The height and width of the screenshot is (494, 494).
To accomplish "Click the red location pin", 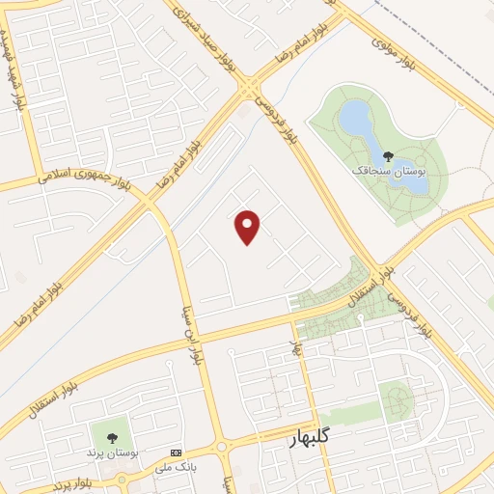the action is pos(248,227).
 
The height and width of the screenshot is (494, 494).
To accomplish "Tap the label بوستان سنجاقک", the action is pos(388,170).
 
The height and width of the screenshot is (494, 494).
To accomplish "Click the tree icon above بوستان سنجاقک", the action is pos(388,155).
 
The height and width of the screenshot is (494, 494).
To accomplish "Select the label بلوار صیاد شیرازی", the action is pos(206,30).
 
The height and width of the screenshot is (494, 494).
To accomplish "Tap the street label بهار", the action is pos(298,345).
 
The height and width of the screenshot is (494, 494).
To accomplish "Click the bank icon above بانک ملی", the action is pos(176,453).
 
